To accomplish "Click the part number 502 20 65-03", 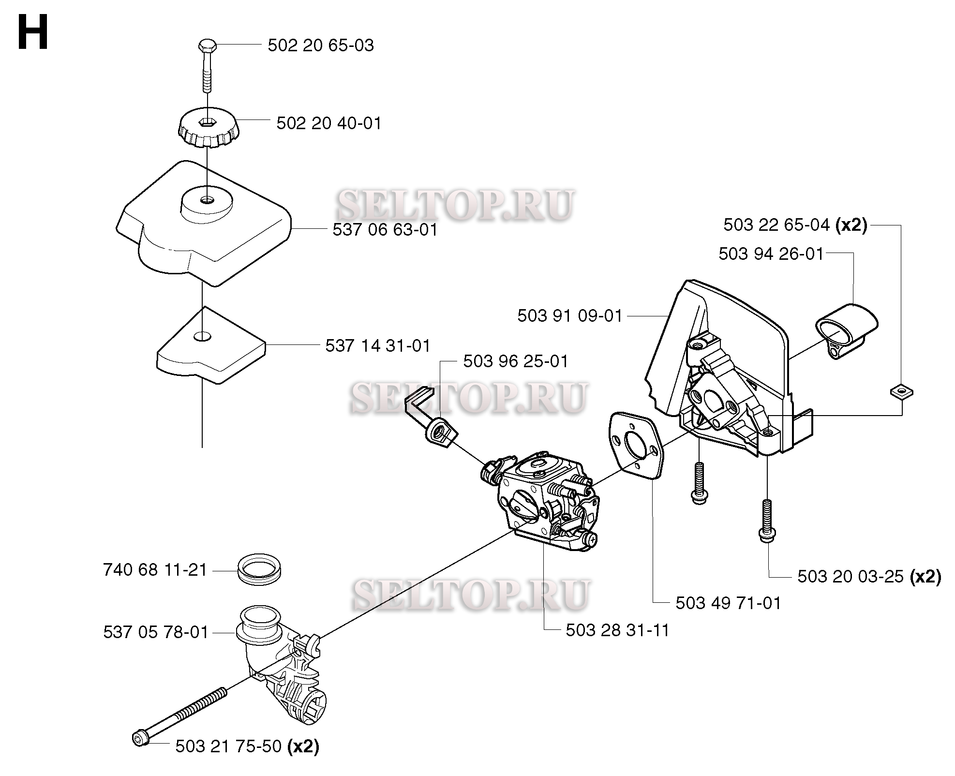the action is point(321,45).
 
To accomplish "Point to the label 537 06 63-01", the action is point(385,229).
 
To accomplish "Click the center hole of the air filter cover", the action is point(207,199).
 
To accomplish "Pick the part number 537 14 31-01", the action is point(378,345).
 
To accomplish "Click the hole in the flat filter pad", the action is point(203,336).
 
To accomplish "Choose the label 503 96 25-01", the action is point(516,361).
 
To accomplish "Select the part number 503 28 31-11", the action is point(618,630).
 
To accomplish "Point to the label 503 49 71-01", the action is point(728,603).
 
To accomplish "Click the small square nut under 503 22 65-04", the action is point(901,390).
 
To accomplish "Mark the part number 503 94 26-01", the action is point(771,254).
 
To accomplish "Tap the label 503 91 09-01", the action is point(570,315).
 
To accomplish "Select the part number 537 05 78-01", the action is point(156,632).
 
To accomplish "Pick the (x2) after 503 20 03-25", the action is point(925,576).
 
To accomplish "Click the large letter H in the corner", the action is point(33,32).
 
